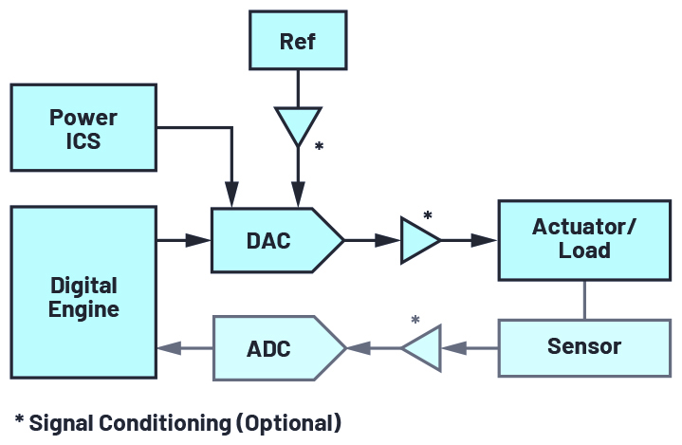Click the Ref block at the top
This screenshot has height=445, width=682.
(298, 42)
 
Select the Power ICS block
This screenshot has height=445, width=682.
(83, 128)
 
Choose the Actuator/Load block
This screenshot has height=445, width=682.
(583, 239)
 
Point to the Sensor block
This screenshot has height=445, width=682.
(583, 346)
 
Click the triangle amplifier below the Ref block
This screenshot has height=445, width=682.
(298, 124)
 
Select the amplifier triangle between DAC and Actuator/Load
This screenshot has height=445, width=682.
(417, 241)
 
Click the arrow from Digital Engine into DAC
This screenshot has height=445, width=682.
(185, 241)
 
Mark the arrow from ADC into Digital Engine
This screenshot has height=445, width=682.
(185, 348)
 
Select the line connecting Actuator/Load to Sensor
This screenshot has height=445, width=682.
(583, 300)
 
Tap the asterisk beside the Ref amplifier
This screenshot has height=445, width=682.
(319, 148)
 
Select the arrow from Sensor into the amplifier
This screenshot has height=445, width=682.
(470, 348)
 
